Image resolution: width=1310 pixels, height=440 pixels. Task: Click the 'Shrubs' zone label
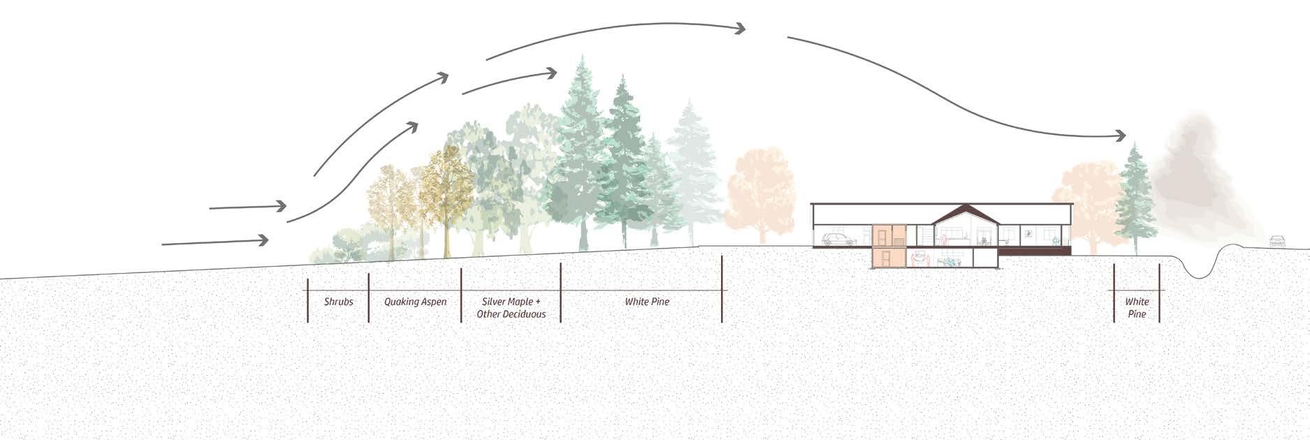point(338,302)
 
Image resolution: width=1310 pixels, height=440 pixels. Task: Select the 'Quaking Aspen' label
point(415,302)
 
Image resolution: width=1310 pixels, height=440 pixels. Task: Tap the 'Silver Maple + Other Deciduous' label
point(511,308)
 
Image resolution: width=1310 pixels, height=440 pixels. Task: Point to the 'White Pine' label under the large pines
point(647,302)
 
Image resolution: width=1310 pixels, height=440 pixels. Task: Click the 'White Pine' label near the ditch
point(1137,308)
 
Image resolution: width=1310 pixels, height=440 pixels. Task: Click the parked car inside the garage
point(838,240)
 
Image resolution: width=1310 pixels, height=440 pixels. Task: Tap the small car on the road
point(1277,241)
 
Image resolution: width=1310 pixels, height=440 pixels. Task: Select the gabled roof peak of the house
point(966,209)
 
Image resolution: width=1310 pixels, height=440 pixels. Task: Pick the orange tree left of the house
point(760,189)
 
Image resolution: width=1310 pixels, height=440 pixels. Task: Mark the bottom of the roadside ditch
point(1198,277)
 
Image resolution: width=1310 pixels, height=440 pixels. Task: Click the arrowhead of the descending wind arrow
point(1120,135)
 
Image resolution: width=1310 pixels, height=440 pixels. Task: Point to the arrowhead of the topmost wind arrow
point(739,29)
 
